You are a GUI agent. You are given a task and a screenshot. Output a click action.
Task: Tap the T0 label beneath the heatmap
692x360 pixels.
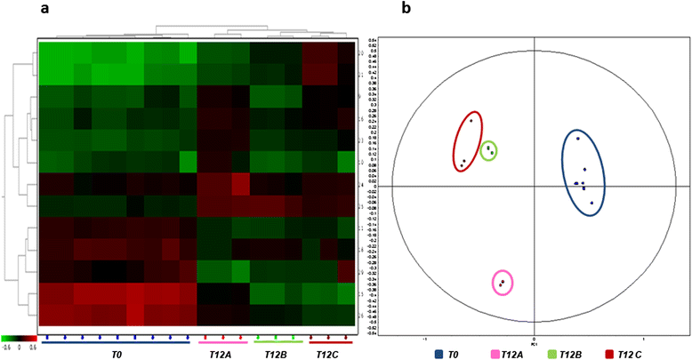[x=116, y=354]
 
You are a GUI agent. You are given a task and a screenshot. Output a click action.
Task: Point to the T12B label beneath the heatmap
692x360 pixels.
[x=277, y=354]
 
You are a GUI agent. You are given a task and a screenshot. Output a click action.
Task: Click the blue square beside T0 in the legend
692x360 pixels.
[x=439, y=354]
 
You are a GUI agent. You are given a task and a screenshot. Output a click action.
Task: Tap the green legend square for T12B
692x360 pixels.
[x=553, y=354]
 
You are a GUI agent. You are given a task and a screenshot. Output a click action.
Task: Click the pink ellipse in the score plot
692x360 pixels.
[x=503, y=283]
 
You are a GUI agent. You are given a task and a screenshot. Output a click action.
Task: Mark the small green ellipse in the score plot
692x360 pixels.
[x=488, y=151]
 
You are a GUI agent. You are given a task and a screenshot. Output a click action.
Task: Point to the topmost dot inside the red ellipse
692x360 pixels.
[x=471, y=120]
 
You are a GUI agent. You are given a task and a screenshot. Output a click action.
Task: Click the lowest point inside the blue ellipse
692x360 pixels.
[x=591, y=203]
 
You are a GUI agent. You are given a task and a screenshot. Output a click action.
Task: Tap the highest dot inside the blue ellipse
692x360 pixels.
[x=578, y=138]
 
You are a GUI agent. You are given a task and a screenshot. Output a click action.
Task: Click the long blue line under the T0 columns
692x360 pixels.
[x=116, y=341]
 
